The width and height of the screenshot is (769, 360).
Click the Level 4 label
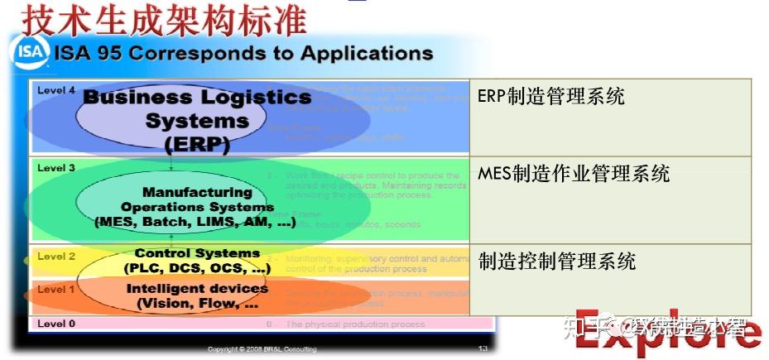pyautogui.click(x=56, y=89)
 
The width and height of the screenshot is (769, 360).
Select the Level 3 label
pyautogui.click(x=56, y=168)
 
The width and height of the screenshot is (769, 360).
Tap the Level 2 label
pyautogui.click(x=56, y=257)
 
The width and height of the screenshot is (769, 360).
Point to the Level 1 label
pyautogui.click(x=56, y=290)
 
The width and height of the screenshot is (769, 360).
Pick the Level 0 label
pyautogui.click(x=56, y=324)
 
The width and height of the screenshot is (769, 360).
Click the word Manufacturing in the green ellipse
pyautogui.click(x=197, y=192)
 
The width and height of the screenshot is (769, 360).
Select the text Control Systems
pyautogui.click(x=197, y=253)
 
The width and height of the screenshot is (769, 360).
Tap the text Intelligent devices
pyautogui.click(x=197, y=289)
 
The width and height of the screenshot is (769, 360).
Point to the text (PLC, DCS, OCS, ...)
pyautogui.click(x=197, y=268)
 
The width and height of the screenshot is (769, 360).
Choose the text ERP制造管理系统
pyautogui.click(x=550, y=96)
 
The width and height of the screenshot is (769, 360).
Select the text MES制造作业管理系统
pyautogui.click(x=573, y=174)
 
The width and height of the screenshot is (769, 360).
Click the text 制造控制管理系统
pyautogui.click(x=557, y=262)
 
